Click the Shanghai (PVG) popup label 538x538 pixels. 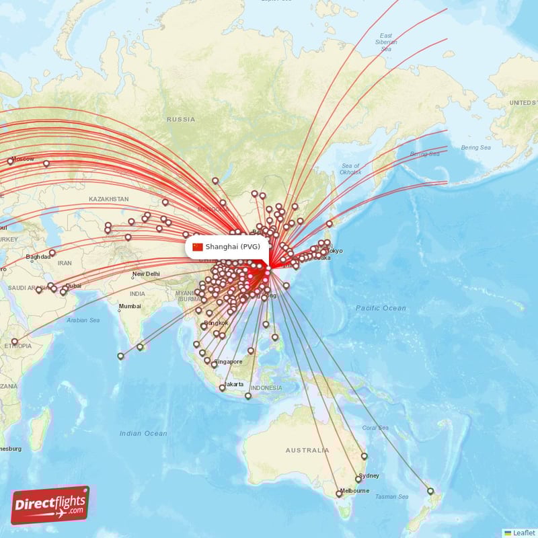coord(232,247)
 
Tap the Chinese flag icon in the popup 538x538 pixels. coord(198,247)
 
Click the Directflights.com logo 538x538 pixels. coord(50,504)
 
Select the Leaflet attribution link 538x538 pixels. coord(523,533)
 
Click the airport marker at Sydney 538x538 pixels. coord(358,479)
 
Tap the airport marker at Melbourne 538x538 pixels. coord(339,494)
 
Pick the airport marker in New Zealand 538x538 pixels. coord(430,491)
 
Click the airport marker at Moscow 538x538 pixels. coord(10,161)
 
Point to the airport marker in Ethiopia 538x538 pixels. coord(15,342)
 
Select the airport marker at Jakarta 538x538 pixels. coord(223,388)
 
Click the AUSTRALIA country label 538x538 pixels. coord(307,450)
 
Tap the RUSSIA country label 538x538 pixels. coord(181,119)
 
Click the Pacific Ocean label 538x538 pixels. coord(381,308)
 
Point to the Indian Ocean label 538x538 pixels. coord(143,434)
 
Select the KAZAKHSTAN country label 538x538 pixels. coord(108,199)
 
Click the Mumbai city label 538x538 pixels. coord(130,307)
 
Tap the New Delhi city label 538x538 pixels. coord(146,274)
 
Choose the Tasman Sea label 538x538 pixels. coord(391,497)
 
